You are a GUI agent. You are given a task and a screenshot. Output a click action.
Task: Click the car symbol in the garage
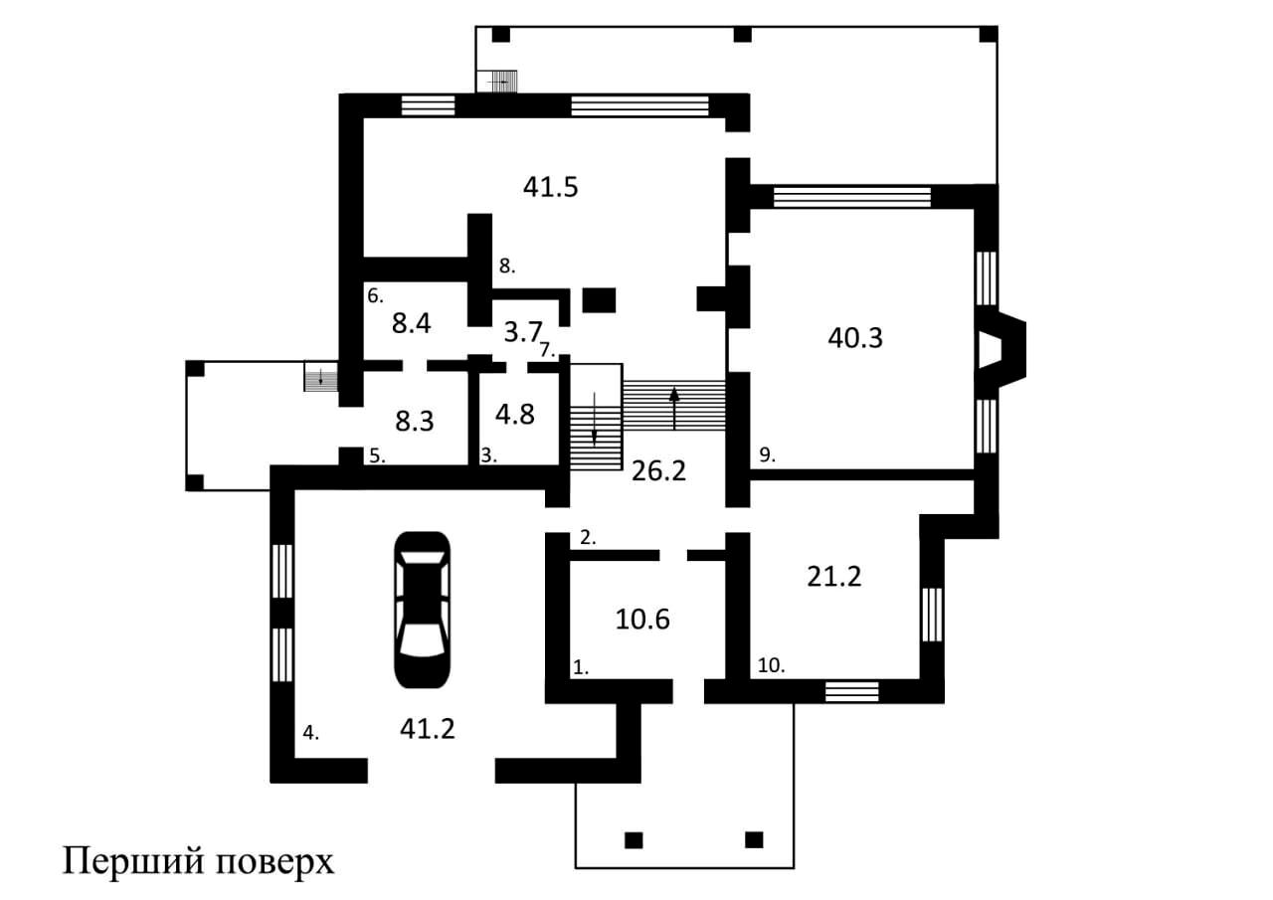[423, 610]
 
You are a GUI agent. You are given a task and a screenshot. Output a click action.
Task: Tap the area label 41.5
[551, 187]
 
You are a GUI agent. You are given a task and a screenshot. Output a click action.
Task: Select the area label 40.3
[855, 338]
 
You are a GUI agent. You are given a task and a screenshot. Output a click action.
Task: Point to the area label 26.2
[658, 471]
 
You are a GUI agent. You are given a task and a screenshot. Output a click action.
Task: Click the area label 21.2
[834, 577]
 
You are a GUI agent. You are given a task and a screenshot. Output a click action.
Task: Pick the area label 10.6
[642, 620]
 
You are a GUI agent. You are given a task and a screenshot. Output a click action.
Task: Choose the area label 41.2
[428, 729]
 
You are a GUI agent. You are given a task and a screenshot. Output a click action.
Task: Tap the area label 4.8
[515, 415]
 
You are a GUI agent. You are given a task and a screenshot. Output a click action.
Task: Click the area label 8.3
[415, 422]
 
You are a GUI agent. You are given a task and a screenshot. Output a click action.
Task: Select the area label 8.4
[412, 323]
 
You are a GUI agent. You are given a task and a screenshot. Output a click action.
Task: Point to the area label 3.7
[523, 332]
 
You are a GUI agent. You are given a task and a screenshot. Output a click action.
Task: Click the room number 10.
[771, 665]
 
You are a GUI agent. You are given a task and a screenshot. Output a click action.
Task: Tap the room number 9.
[767, 454]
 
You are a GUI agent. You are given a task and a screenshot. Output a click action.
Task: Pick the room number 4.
[311, 732]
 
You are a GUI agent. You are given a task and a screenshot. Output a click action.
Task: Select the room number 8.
[507, 266]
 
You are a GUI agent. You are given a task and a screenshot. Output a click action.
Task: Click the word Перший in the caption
[133, 861]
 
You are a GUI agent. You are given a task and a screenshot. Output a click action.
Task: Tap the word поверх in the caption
[275, 865]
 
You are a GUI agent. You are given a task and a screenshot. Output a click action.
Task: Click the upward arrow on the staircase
[674, 409]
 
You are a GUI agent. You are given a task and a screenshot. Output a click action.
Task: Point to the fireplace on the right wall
[1000, 348]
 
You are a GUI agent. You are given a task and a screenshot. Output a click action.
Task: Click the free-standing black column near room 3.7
[599, 300]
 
